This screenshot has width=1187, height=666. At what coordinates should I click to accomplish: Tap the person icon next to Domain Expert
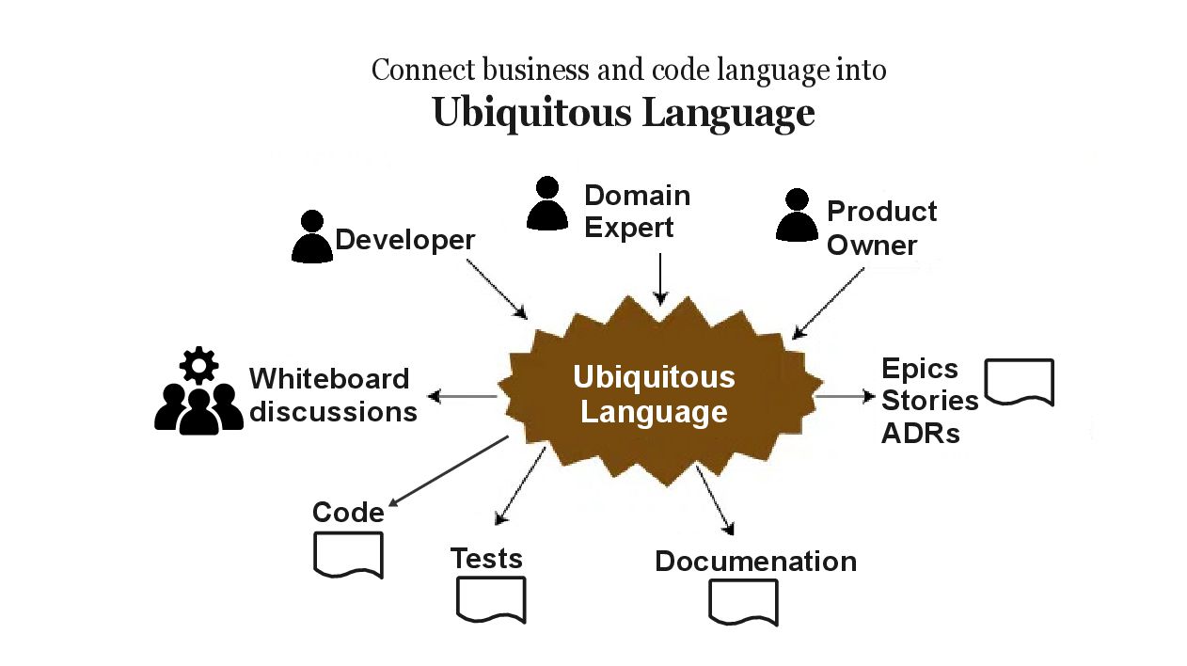(547, 203)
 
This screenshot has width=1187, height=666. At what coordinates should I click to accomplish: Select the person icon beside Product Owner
(797, 215)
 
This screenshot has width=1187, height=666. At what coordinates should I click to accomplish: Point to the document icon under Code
(347, 554)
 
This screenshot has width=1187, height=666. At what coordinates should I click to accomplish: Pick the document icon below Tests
(491, 599)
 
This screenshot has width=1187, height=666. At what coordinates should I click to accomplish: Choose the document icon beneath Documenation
(743, 602)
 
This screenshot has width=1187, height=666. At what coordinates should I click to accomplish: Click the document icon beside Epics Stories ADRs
(1019, 382)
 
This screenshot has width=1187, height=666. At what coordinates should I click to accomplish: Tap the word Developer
(405, 240)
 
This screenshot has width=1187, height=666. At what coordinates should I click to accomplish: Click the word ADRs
(920, 434)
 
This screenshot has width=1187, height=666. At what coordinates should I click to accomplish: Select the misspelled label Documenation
(755, 562)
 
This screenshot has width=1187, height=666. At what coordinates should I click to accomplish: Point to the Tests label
(486, 558)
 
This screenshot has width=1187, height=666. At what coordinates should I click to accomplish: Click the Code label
(348, 513)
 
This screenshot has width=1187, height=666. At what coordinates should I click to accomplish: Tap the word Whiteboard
(329, 378)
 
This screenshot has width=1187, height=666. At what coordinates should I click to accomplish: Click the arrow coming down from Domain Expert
(660, 278)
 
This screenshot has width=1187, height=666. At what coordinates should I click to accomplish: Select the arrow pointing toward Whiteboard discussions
(463, 397)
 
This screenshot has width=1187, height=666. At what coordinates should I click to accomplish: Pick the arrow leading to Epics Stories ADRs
(845, 397)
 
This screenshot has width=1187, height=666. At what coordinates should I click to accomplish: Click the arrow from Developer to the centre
(498, 288)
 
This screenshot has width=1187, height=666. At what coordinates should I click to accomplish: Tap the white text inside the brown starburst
(654, 394)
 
